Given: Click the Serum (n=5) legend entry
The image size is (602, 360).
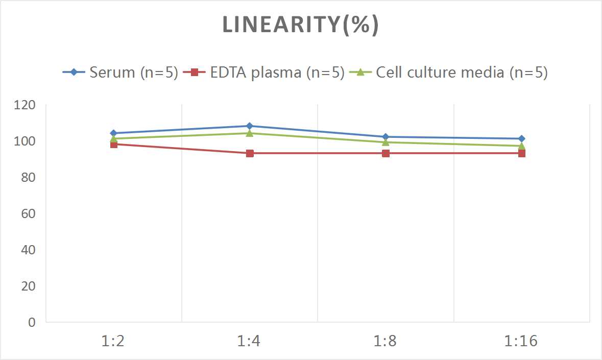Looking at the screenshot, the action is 120,72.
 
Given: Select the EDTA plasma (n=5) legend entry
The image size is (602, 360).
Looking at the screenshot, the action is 264,72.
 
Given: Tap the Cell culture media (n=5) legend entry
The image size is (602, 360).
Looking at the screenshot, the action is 448,72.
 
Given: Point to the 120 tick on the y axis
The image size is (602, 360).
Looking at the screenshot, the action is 25,105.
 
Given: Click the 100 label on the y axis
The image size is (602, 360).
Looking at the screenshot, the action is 25,141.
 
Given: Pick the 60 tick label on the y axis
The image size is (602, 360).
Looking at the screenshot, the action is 28,213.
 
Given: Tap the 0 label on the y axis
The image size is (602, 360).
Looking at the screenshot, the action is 32,322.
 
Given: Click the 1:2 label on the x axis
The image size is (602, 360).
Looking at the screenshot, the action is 113,341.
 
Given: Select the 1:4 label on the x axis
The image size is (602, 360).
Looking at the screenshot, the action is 249,341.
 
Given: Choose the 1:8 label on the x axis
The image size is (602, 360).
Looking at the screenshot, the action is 385,341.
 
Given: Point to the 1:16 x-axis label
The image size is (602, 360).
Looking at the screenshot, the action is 521,341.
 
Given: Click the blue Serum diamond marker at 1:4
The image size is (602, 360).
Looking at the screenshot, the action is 250,126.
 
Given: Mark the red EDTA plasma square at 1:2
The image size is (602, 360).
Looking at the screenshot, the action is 114,145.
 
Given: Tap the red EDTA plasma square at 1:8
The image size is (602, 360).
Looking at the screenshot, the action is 386,154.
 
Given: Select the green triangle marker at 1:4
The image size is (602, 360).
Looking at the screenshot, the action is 250,133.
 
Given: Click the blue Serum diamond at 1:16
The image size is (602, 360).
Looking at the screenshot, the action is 522,138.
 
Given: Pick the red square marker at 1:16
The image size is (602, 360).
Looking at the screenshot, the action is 522,154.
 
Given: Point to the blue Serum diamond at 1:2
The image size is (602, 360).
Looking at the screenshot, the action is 114,133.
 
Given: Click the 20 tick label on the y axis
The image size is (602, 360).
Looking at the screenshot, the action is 28,286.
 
